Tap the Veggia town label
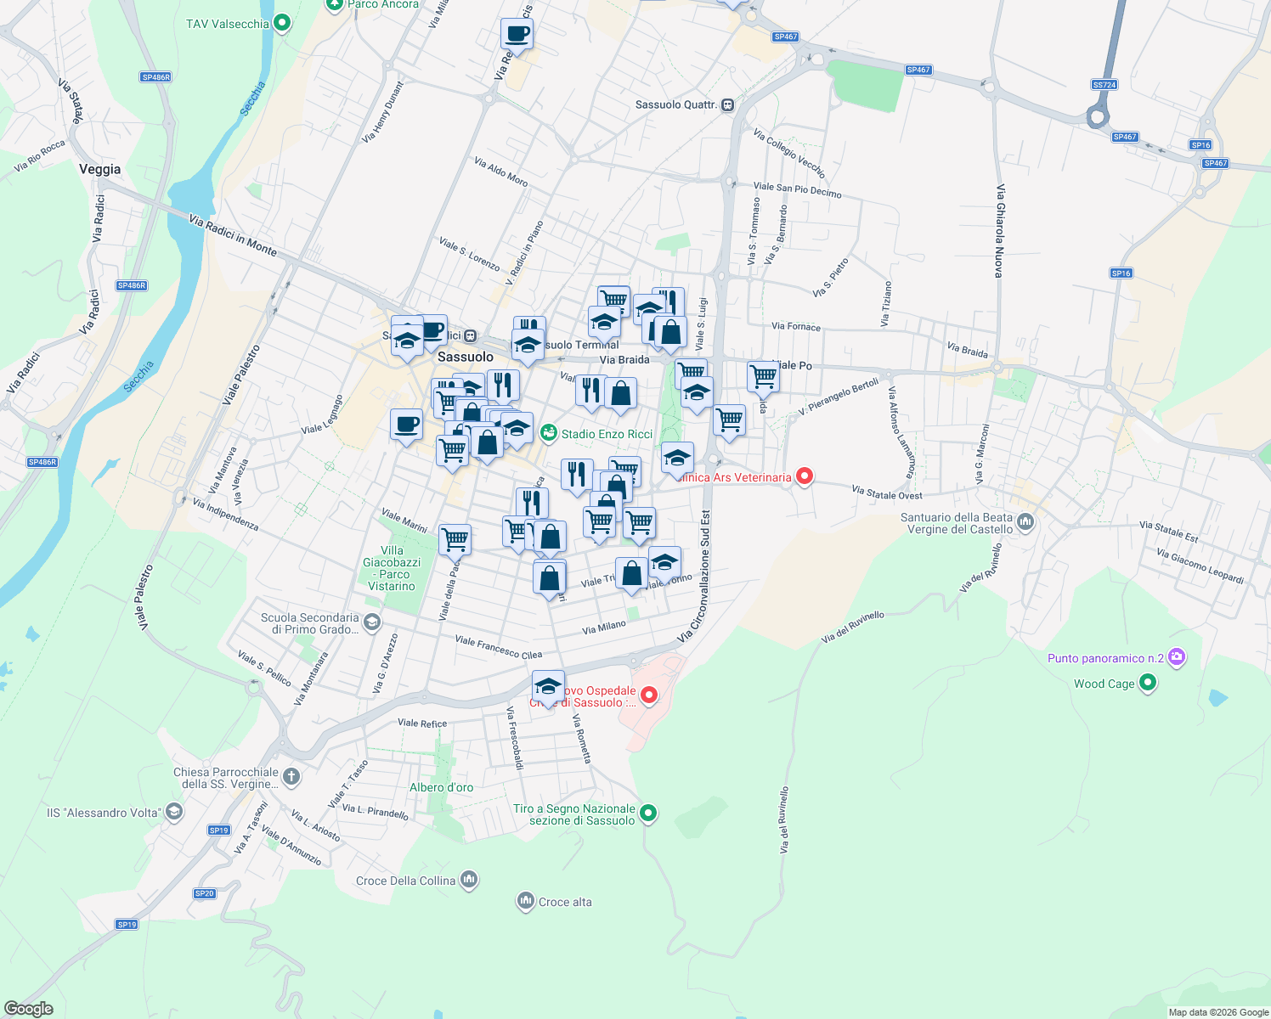click(x=100, y=169)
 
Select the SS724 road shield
click(x=1104, y=85)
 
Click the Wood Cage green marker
click(x=1148, y=683)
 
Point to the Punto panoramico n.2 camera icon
click(x=1177, y=657)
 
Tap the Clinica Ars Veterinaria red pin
click(x=804, y=476)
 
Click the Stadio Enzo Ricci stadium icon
click(x=549, y=434)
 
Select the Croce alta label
click(x=565, y=902)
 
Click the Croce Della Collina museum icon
click(x=469, y=880)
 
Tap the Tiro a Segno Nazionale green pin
click(x=648, y=814)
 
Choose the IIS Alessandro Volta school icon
click(x=173, y=812)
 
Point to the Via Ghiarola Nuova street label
click(x=1000, y=230)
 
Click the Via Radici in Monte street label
click(x=233, y=234)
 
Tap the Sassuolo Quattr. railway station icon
click(x=727, y=105)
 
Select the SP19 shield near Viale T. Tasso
click(x=219, y=830)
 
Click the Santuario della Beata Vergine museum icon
click(x=1025, y=522)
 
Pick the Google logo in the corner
click(x=29, y=1009)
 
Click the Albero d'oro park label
click(x=441, y=787)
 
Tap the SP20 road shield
click(x=205, y=893)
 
